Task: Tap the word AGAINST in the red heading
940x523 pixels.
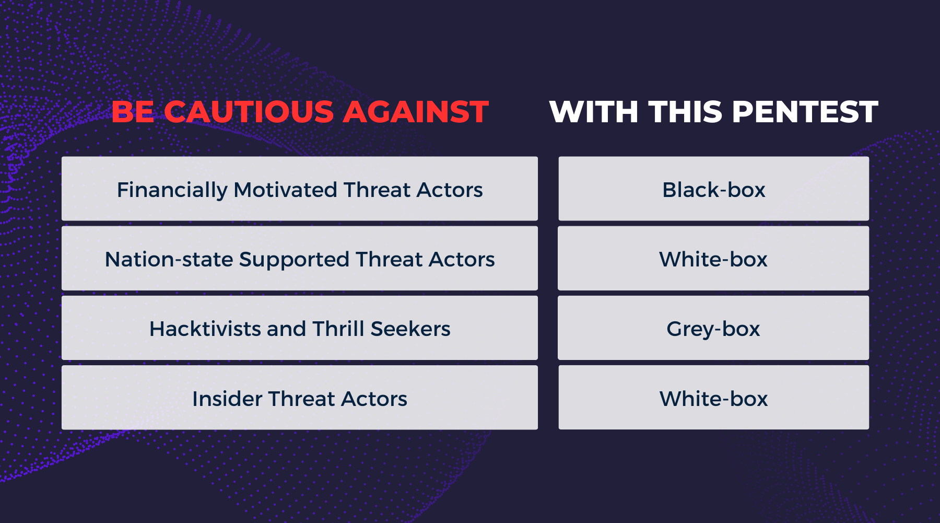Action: coord(416,112)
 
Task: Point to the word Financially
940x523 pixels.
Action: coord(172,190)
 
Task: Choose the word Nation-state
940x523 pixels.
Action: coord(169,260)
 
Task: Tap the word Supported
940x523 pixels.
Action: coord(294,260)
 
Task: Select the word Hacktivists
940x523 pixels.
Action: coord(205,329)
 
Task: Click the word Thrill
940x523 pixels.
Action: coord(338,329)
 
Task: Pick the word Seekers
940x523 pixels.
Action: coord(410,329)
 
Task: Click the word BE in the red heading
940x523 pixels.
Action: coord(133,112)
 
